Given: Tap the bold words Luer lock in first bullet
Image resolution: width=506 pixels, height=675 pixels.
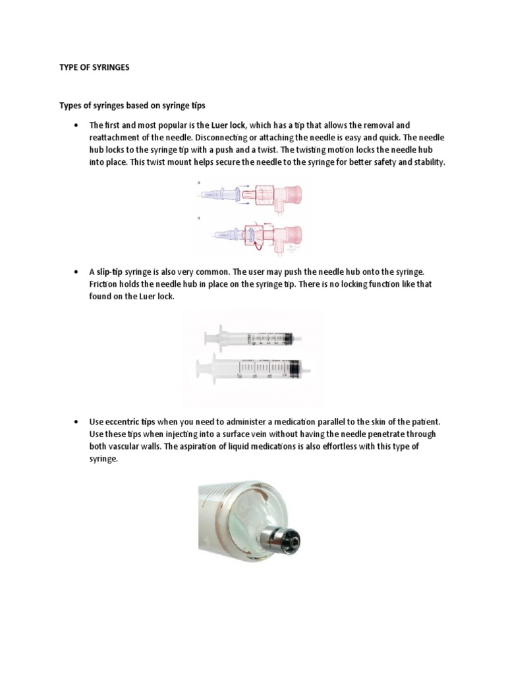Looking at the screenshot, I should point(228,125).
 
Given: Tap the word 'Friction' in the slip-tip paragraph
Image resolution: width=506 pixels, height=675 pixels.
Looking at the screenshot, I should point(105,285).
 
